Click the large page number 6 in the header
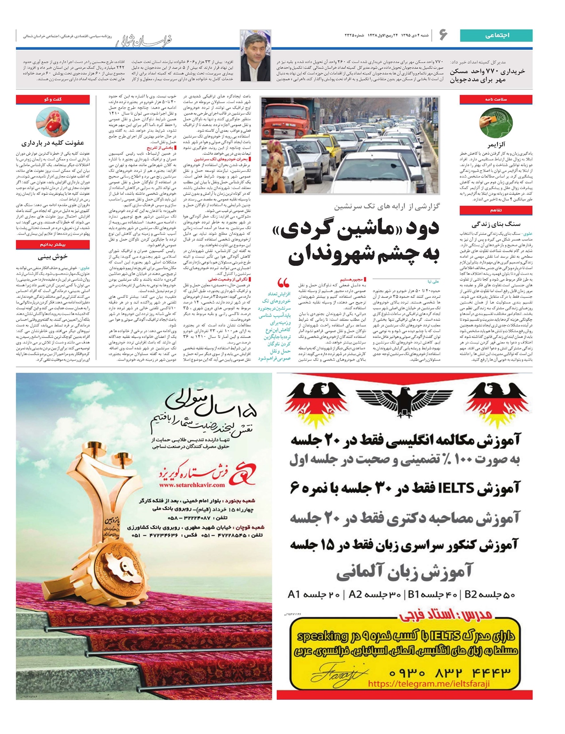[x=443, y=35]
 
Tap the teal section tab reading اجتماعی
[x=496, y=35]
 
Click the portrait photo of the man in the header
[x=255, y=56]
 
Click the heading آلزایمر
[x=496, y=145]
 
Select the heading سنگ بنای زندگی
[x=496, y=225]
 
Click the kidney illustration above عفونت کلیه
[x=52, y=121]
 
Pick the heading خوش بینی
[x=53, y=257]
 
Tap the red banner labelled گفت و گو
[x=53, y=100]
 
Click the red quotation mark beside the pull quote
[x=283, y=283]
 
